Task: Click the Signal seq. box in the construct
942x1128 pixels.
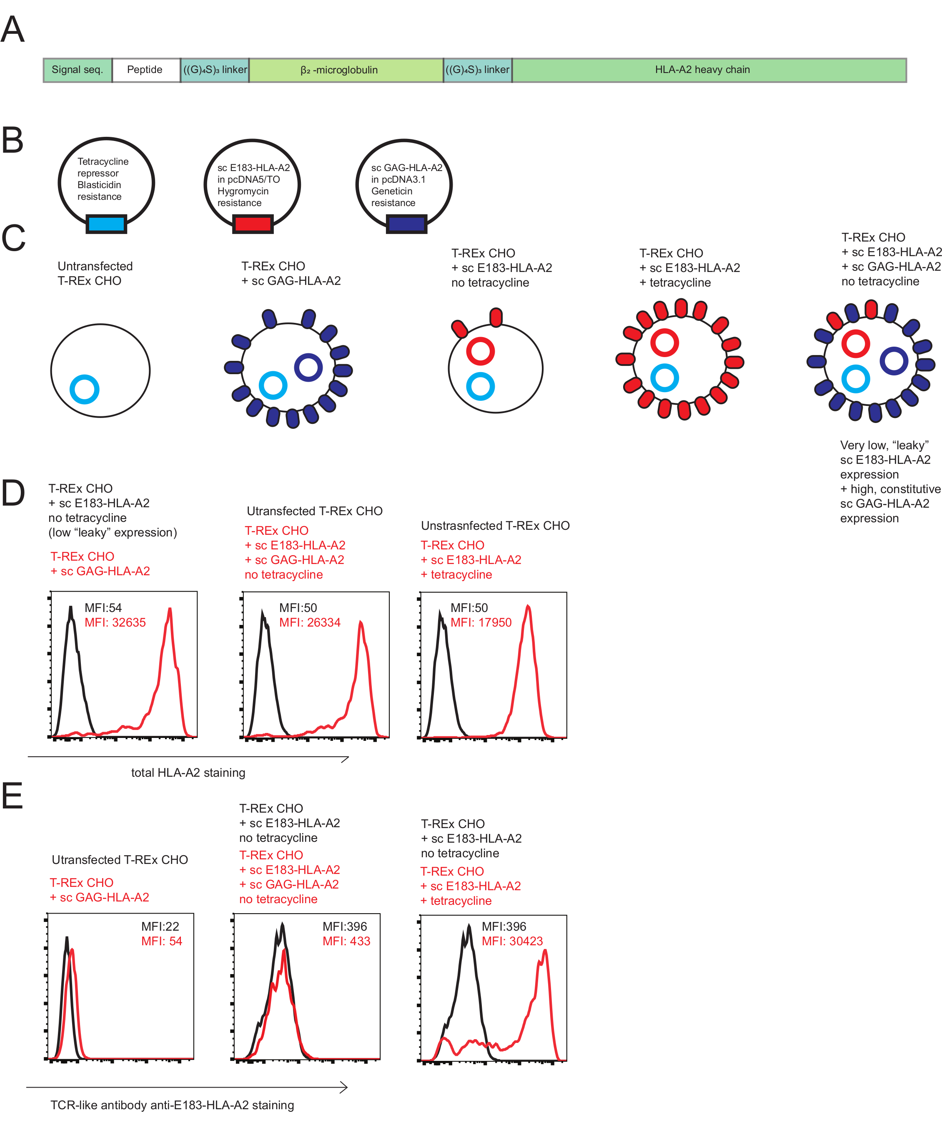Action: (x=77, y=70)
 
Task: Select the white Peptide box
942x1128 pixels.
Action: (x=145, y=70)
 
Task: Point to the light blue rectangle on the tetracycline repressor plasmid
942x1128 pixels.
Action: (x=106, y=224)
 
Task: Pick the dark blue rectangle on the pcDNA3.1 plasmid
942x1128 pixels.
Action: (x=406, y=224)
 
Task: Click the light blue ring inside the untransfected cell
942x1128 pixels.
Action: (x=84, y=390)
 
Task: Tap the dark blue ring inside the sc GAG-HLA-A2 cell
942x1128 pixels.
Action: (x=308, y=368)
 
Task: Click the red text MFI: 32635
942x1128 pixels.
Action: (x=115, y=622)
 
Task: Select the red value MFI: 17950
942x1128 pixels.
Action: (x=481, y=622)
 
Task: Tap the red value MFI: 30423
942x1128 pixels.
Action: (x=512, y=941)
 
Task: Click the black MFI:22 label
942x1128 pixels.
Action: (x=160, y=927)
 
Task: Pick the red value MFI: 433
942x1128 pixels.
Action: (x=346, y=941)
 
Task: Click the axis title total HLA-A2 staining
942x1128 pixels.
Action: (x=188, y=773)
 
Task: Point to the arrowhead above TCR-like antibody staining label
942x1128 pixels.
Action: (x=344, y=1088)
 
